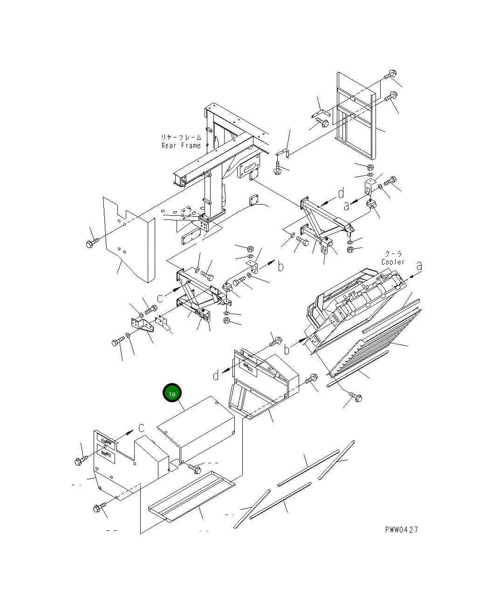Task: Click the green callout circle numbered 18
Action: tap(172, 394)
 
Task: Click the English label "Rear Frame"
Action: tap(181, 145)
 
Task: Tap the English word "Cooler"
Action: tap(393, 262)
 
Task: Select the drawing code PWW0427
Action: tap(401, 530)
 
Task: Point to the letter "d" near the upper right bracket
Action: tap(341, 193)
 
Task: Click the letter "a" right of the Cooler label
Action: tap(419, 266)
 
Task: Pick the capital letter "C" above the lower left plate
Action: tap(141, 428)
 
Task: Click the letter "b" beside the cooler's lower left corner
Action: tap(287, 349)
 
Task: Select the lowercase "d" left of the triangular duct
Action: tap(216, 375)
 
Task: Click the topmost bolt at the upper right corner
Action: tap(390, 75)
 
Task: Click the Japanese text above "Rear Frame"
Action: tap(181, 137)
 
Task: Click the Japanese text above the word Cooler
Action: tap(393, 254)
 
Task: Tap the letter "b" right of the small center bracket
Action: tap(280, 266)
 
